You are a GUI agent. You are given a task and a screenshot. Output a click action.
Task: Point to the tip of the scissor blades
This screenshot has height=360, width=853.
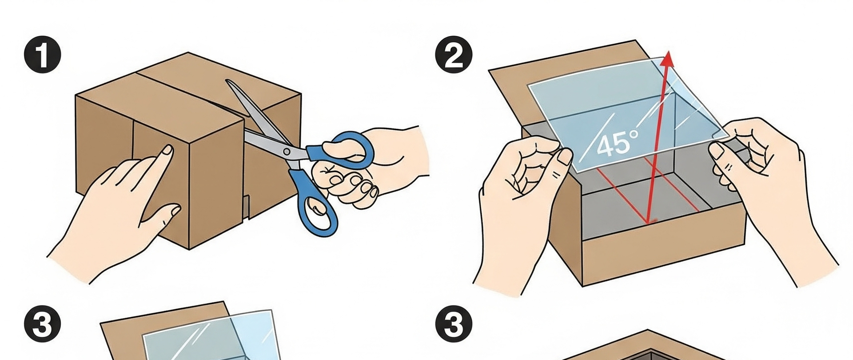click(x=227, y=81)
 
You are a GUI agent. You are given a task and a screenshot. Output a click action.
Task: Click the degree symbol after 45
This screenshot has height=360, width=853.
click(x=634, y=133)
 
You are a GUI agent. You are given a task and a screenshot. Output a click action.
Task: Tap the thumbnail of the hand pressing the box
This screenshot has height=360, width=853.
click(x=175, y=209)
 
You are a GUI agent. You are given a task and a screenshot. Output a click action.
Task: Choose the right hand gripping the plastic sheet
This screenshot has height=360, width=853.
click(x=773, y=196)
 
